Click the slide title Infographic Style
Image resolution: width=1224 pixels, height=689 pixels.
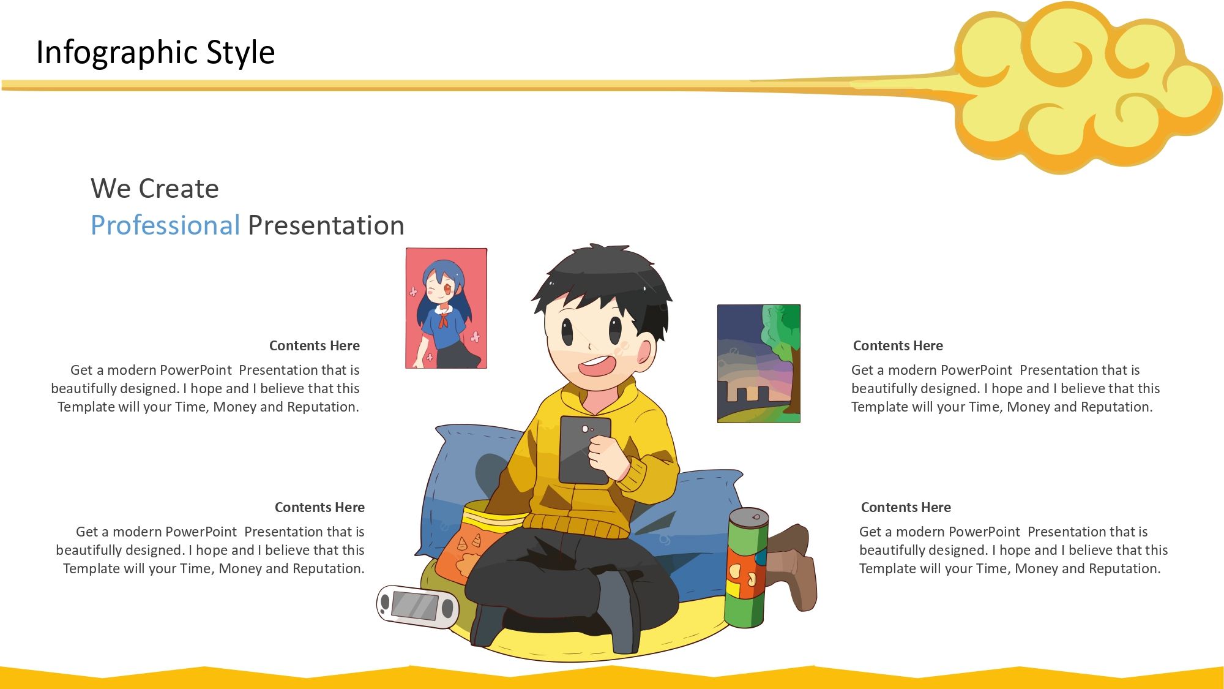pyautogui.click(x=155, y=52)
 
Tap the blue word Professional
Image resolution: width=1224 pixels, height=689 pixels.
pyautogui.click(x=165, y=225)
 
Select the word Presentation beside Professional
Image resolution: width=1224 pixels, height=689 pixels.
pyautogui.click(x=326, y=225)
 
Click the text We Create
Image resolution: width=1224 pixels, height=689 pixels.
pyautogui.click(x=155, y=188)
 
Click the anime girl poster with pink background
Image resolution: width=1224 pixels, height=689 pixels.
pyautogui.click(x=446, y=308)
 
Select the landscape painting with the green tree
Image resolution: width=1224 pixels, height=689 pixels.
pyautogui.click(x=759, y=364)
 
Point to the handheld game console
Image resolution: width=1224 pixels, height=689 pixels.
pyautogui.click(x=418, y=607)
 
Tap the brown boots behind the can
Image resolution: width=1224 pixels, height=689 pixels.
pyautogui.click(x=791, y=567)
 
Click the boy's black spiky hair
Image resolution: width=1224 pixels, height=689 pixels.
pyautogui.click(x=603, y=279)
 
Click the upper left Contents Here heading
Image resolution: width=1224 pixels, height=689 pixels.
pyautogui.click(x=315, y=345)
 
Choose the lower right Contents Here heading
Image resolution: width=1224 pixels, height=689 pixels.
pyautogui.click(x=906, y=507)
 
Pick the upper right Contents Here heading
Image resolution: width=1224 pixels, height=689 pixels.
pyautogui.click(x=898, y=345)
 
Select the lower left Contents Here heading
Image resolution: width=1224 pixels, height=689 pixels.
pyautogui.click(x=319, y=507)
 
